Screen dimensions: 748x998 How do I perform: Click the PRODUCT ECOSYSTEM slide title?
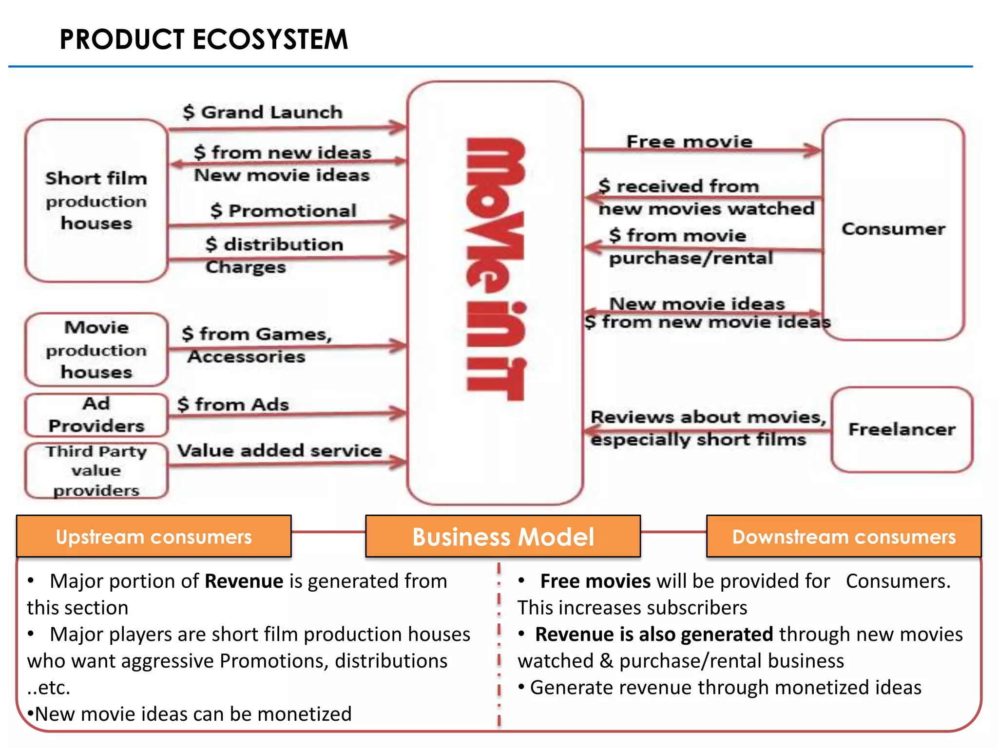[204, 39]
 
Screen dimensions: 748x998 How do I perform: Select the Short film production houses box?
[96, 201]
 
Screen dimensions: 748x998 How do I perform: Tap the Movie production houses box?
[96, 350]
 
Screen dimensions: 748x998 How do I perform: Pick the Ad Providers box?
[96, 415]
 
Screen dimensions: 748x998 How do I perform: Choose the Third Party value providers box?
[96, 470]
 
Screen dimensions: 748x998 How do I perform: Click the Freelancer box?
[902, 430]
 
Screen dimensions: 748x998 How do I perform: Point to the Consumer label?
[893, 229]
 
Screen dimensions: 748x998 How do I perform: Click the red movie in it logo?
[496, 269]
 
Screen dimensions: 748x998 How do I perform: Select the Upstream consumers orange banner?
[154, 537]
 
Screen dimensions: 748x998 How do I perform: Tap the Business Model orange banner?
[503, 537]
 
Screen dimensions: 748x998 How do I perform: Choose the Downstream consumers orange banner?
[844, 537]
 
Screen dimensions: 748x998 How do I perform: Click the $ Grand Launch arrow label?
[263, 112]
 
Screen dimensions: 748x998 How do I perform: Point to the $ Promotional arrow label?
[284, 211]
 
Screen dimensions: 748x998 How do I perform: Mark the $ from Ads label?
[233, 405]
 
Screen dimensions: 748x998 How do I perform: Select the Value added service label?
[279, 450]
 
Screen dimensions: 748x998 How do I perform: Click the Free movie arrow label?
[689, 142]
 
